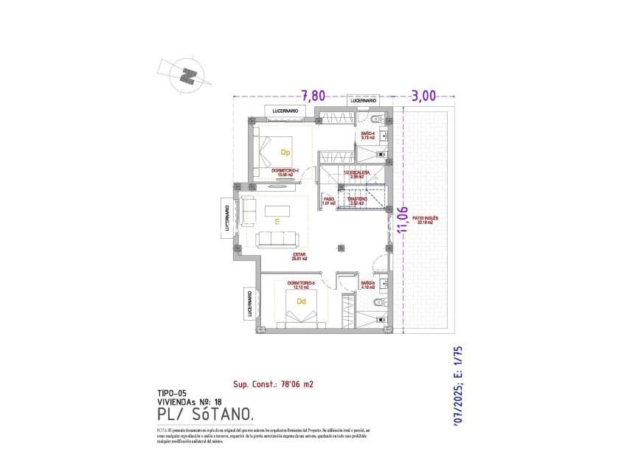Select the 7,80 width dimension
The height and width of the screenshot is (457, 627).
pos(313,95)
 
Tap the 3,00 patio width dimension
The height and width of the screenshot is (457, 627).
pos(425,95)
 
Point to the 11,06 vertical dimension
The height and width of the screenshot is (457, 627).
pos(403,220)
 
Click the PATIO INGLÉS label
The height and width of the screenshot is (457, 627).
pos(426,220)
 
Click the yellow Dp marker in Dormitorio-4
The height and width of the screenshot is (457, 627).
pos(285,153)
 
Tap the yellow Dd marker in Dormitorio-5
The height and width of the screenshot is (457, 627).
pos(301,301)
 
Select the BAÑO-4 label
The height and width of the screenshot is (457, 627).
pos(368,135)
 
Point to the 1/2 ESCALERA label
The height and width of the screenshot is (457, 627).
pos(356,174)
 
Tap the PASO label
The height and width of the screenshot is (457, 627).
pos(329,200)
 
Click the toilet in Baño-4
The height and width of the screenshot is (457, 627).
pos(377,121)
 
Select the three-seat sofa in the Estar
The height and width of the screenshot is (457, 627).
pos(277,238)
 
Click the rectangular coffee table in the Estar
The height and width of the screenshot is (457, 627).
pos(277,211)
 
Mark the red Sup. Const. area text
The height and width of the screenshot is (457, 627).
pos(273,384)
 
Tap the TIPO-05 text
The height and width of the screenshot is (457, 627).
pos(171,393)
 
